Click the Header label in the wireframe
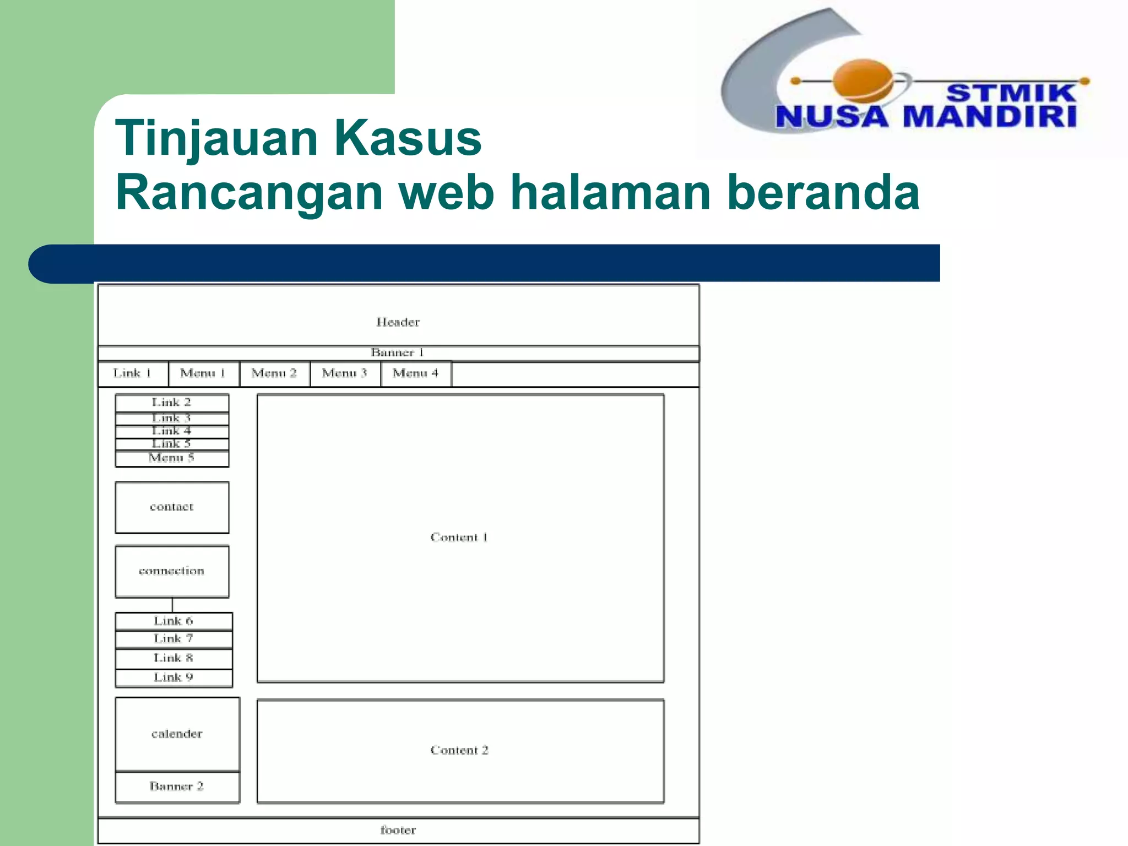tap(398, 322)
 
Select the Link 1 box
tap(132, 373)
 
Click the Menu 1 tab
tap(203, 373)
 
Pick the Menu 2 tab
tap(274, 373)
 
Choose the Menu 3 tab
tap(345, 373)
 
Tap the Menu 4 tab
tap(415, 373)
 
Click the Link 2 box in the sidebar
tap(172, 403)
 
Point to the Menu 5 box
tap(172, 458)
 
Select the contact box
tap(172, 507)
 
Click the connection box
tap(172, 571)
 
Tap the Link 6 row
tap(173, 621)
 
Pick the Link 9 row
tap(173, 677)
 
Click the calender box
tap(177, 734)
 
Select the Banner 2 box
tap(177, 787)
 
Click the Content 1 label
tap(459, 538)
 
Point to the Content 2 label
tap(459, 750)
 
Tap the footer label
tap(398, 830)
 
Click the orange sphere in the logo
tap(863, 82)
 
